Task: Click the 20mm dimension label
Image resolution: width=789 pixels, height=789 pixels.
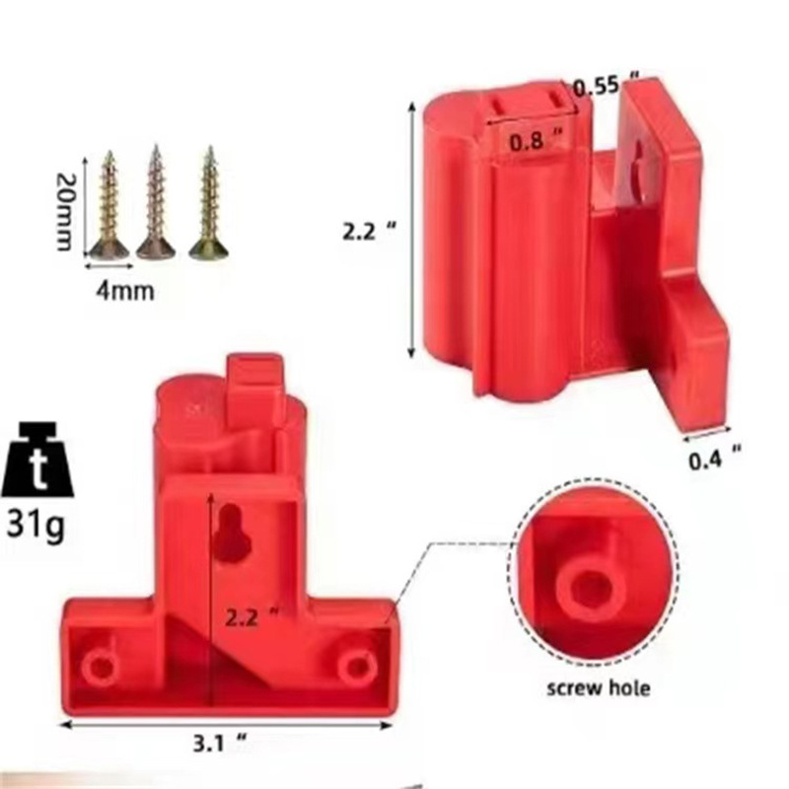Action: click(65, 212)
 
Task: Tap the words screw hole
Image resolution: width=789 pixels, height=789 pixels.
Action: click(599, 687)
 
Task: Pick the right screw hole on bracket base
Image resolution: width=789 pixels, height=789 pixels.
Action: click(357, 668)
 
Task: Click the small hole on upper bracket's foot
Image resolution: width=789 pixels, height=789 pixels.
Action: click(678, 364)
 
